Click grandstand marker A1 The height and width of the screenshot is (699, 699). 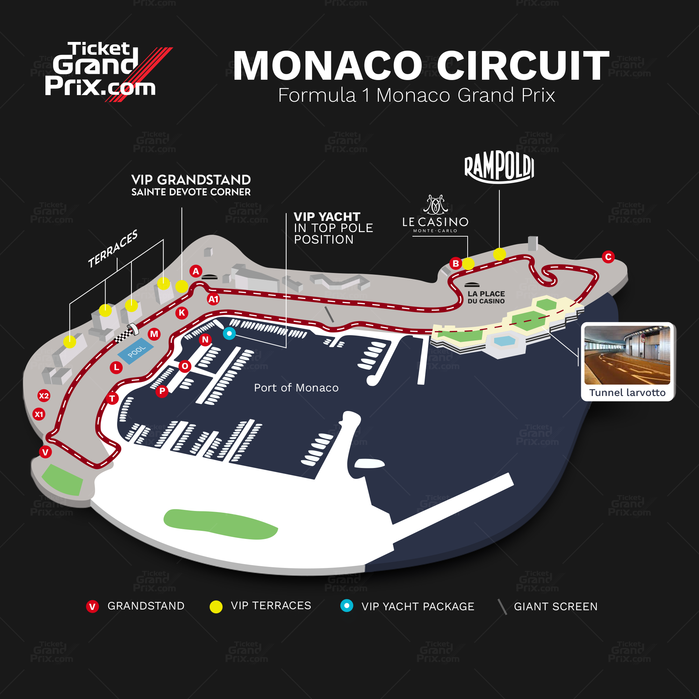(x=214, y=299)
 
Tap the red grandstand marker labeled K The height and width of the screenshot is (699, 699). (x=182, y=313)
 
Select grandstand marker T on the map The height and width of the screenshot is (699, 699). (x=112, y=399)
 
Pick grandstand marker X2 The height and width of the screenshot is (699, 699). (x=44, y=396)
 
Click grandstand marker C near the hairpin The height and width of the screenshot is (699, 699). (x=608, y=257)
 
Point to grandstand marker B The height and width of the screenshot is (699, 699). (x=455, y=264)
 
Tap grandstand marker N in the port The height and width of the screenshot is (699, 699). (x=205, y=339)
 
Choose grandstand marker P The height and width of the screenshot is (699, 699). (x=162, y=391)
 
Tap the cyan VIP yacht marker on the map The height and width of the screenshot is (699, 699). (x=229, y=333)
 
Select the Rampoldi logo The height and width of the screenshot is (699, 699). (x=499, y=167)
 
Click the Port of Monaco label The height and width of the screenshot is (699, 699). (x=296, y=388)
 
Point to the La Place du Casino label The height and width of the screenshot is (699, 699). (x=486, y=297)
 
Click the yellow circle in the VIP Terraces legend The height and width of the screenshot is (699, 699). (x=216, y=607)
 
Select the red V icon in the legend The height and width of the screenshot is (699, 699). (x=92, y=607)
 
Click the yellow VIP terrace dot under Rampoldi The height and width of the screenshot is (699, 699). (x=499, y=254)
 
